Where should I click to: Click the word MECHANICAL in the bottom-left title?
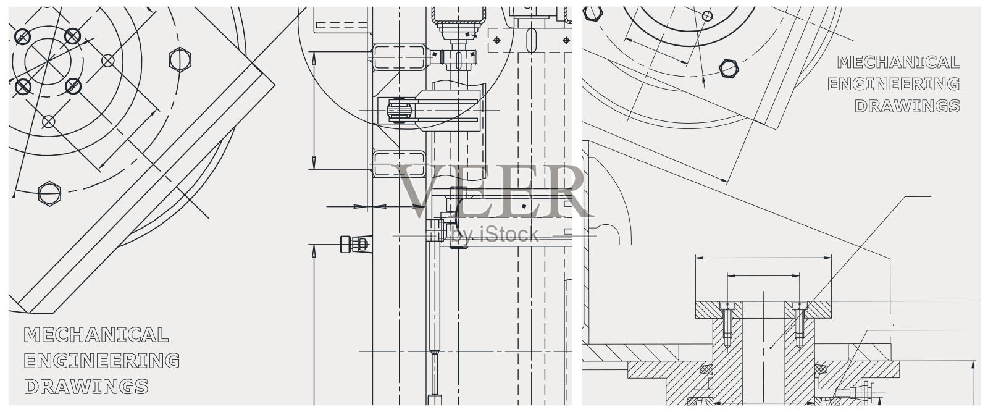click(96, 335)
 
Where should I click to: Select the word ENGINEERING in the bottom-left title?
click(101, 361)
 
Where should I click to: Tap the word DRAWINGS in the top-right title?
click(907, 106)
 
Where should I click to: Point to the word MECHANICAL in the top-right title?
click(898, 62)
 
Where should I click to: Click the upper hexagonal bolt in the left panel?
click(180, 59)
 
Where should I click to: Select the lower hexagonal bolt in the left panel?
click(49, 193)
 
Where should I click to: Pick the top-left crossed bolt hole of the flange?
click(23, 37)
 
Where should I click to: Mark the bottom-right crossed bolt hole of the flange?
click(73, 85)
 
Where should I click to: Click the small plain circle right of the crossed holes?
click(108, 61)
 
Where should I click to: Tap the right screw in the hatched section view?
click(800, 325)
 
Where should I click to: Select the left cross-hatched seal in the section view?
click(706, 369)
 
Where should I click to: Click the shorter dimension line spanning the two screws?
click(764, 275)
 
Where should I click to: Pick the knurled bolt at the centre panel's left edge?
click(354, 245)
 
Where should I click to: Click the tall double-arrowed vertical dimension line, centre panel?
click(314, 111)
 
